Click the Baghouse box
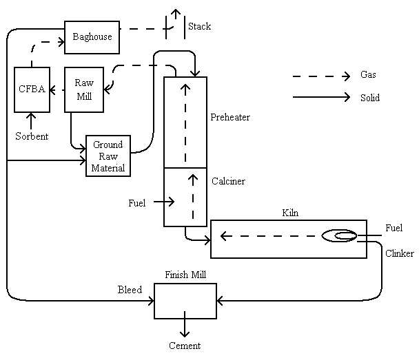pyautogui.click(x=92, y=37)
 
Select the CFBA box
pyautogui.click(x=32, y=89)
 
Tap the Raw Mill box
pyautogui.click(x=84, y=89)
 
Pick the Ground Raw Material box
pyautogui.click(x=108, y=156)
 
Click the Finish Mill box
pyautogui.click(x=185, y=301)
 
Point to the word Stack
pyautogui.click(x=199, y=27)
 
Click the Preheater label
pyautogui.click(x=230, y=117)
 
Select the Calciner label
pyautogui.click(x=228, y=182)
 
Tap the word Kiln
pyautogui.click(x=290, y=213)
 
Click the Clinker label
pyautogui.click(x=400, y=253)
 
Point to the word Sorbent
pyautogui.click(x=32, y=136)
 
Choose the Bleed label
pyautogui.click(x=130, y=290)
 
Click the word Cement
pyautogui.click(x=185, y=346)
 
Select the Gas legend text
pyautogui.click(x=368, y=75)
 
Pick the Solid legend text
pyautogui.click(x=370, y=98)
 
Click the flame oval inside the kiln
pyautogui.click(x=339, y=237)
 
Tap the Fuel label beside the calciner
pyautogui.click(x=137, y=203)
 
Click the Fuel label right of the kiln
pyautogui.click(x=394, y=228)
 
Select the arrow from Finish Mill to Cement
pyautogui.click(x=185, y=327)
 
